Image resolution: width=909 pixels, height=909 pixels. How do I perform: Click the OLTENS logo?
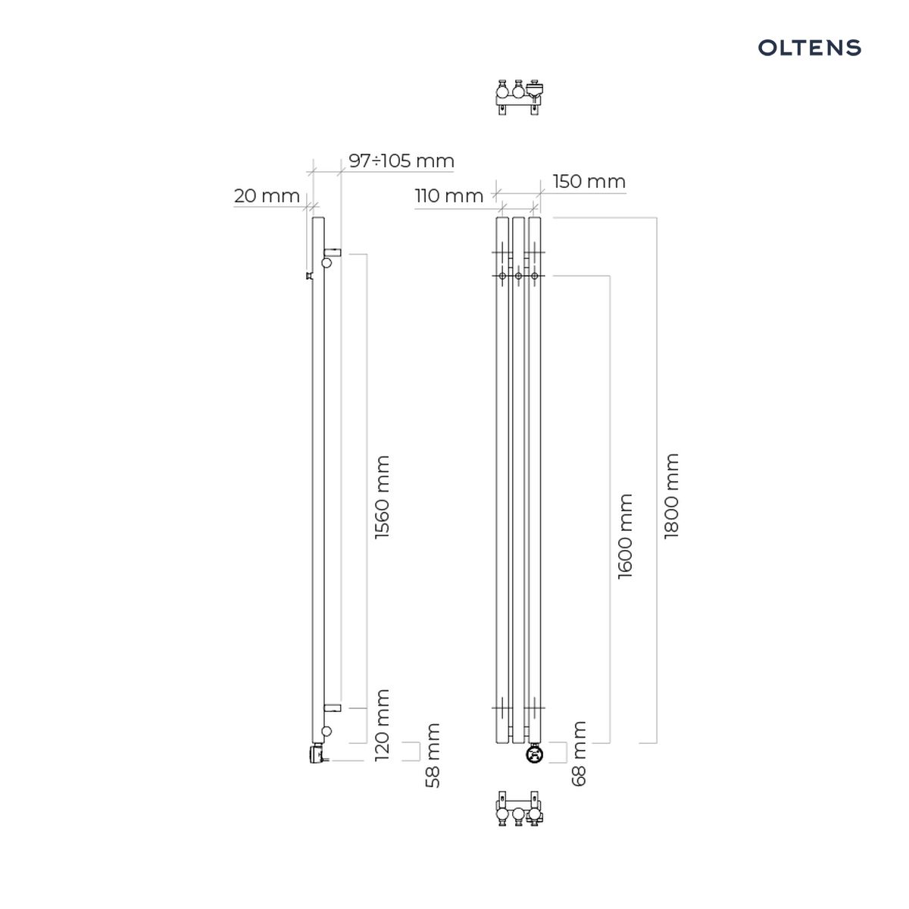(x=809, y=48)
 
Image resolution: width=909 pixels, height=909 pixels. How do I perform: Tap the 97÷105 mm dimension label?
(x=401, y=161)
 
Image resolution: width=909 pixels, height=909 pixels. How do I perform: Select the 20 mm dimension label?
(x=267, y=195)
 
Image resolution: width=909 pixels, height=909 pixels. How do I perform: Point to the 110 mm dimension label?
(x=449, y=195)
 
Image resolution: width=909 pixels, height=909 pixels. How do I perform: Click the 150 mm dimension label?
(x=589, y=182)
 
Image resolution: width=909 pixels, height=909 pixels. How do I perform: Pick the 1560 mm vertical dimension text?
(x=382, y=498)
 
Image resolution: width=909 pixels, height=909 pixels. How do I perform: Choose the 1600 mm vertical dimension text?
(x=625, y=536)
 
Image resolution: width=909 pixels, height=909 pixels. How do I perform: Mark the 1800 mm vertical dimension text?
(x=671, y=496)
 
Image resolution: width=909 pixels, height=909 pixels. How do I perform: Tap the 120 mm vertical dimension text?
(x=382, y=725)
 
